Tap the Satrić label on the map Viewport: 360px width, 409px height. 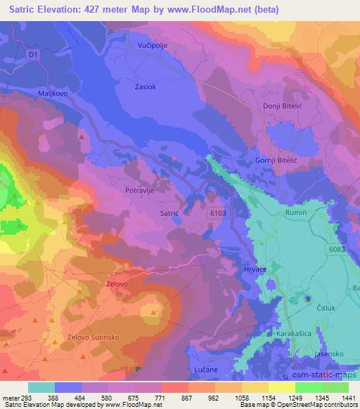pyautogui.click(x=172, y=212)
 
